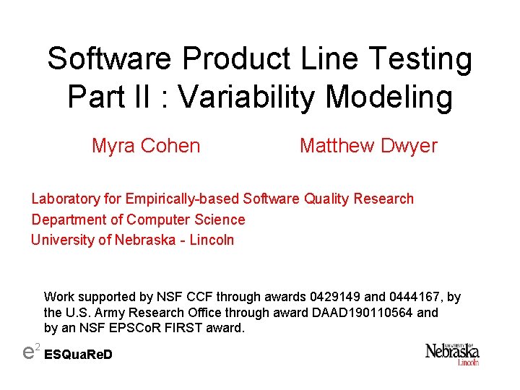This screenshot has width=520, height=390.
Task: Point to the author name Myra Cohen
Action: (x=146, y=146)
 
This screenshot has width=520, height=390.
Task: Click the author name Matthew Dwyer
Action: (x=368, y=146)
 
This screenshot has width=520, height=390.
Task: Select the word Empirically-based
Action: (x=183, y=199)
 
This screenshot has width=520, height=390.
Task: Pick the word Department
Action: (x=69, y=220)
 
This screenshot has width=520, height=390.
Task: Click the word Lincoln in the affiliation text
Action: (x=212, y=240)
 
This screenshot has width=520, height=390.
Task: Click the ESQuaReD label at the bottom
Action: (x=79, y=355)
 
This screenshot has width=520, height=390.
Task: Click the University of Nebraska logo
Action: (x=452, y=354)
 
